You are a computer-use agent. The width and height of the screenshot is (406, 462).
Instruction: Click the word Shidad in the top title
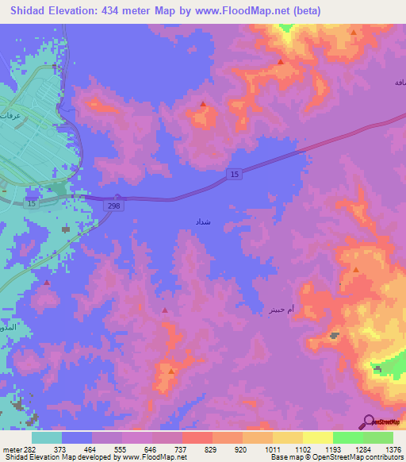(31, 10)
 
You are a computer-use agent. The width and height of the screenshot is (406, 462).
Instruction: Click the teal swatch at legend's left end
(47, 437)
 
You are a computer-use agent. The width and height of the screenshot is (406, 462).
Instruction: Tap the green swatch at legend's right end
(378, 437)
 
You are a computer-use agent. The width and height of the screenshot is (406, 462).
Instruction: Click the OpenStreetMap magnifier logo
(367, 422)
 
